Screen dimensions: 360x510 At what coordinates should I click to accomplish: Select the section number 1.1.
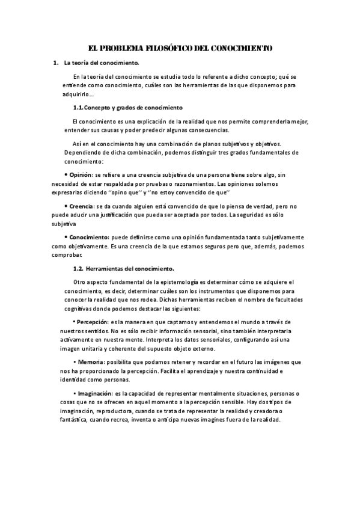(78, 108)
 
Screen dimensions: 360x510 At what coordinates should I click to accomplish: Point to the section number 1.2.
(78, 268)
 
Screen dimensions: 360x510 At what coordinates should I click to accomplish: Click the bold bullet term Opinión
(81, 174)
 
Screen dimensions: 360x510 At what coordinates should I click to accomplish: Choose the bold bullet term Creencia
(82, 206)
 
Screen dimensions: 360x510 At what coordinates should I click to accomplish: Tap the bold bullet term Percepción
(92, 322)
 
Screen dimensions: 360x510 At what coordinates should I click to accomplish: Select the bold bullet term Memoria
(90, 362)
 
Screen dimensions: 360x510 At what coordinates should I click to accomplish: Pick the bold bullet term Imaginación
(94, 393)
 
